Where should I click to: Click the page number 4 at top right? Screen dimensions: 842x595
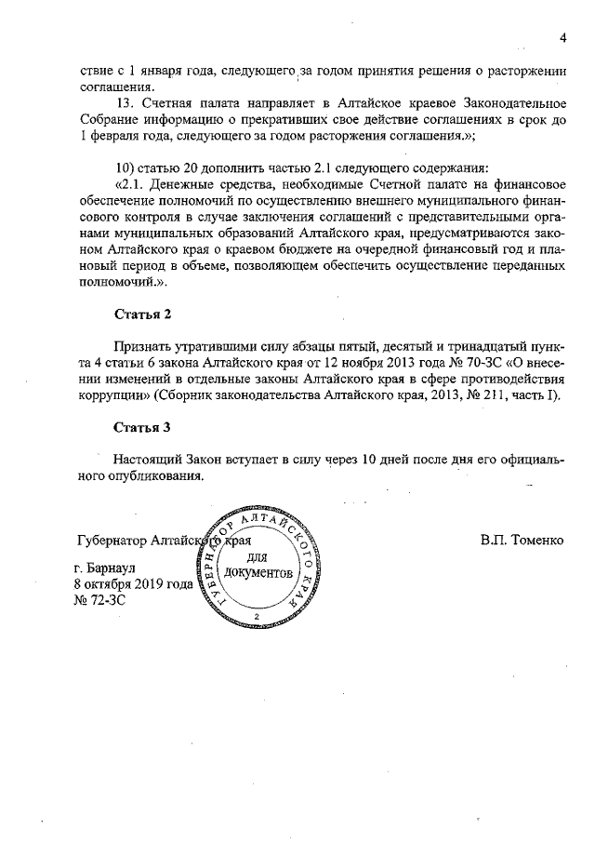click(x=563, y=37)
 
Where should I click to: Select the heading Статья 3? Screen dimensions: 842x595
click(x=142, y=429)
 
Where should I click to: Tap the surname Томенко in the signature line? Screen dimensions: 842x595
click(x=535, y=540)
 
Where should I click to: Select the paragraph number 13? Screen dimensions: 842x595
click(x=122, y=100)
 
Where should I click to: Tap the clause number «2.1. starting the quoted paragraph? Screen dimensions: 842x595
click(x=129, y=184)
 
